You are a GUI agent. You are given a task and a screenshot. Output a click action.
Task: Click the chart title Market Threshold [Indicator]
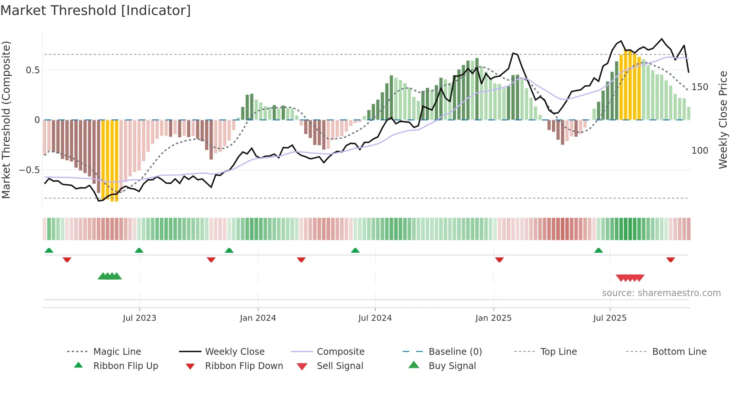coord(96,10)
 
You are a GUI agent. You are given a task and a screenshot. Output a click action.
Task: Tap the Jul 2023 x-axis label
coord(139,318)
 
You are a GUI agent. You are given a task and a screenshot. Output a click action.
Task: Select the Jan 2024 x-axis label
coord(258,318)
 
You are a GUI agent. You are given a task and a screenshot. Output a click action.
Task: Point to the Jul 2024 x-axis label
coord(375,318)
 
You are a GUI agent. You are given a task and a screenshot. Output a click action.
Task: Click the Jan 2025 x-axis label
coord(493,318)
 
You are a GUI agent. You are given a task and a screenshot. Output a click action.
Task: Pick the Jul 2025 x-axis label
coord(610,318)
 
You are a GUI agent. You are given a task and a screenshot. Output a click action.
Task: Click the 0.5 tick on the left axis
coord(32,70)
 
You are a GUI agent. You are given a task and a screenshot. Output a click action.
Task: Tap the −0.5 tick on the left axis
coord(29,170)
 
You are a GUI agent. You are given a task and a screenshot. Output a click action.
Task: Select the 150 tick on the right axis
coord(700,87)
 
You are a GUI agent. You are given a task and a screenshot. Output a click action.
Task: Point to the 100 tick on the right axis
coord(700,151)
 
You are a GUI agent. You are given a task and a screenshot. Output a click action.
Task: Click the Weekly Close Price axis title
coord(723,120)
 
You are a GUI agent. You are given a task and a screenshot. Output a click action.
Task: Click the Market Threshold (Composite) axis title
coord(6,120)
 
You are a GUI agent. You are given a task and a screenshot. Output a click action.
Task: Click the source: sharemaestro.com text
coord(661,293)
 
